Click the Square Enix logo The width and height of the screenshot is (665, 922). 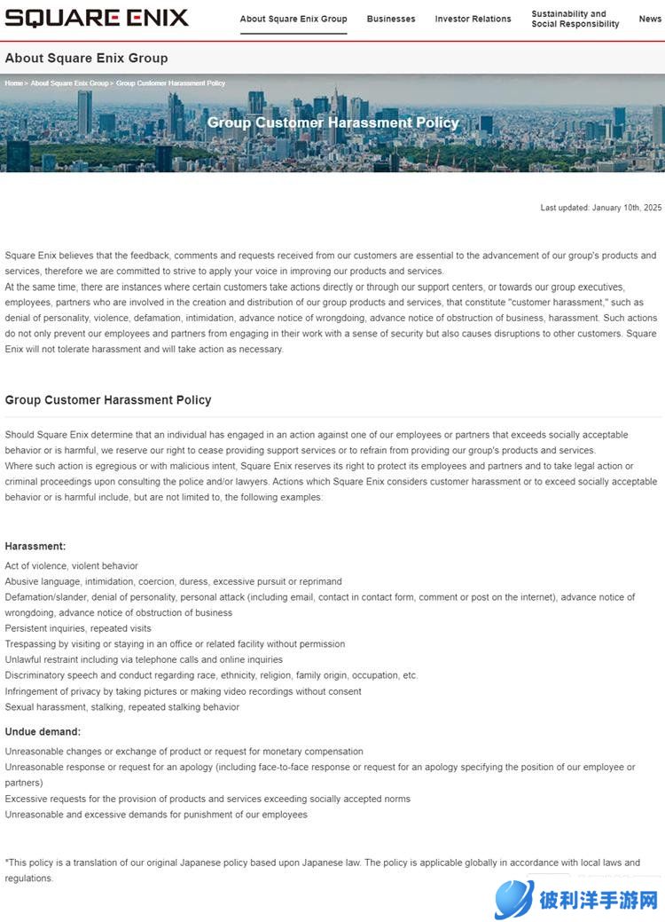click(96, 18)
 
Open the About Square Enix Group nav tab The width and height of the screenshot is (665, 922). click(293, 19)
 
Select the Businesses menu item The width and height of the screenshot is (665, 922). click(391, 19)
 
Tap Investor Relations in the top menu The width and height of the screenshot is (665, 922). click(473, 19)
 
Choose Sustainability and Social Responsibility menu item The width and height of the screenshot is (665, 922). click(575, 19)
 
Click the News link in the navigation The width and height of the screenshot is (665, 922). click(650, 19)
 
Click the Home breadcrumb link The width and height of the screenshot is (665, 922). click(14, 83)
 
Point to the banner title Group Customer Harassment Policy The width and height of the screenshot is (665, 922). click(333, 122)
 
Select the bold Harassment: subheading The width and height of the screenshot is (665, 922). click(35, 546)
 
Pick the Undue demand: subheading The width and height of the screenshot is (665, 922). click(43, 731)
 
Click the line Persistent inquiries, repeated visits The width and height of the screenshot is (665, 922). click(78, 628)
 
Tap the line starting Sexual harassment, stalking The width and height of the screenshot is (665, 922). click(122, 707)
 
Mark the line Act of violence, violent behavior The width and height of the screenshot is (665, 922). click(72, 566)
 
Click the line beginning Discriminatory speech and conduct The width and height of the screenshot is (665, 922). click(211, 675)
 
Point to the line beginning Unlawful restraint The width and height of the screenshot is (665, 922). click(144, 659)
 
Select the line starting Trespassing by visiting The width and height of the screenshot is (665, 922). click(175, 644)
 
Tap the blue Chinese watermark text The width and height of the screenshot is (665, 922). click(598, 901)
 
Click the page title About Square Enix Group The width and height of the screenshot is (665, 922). click(86, 58)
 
